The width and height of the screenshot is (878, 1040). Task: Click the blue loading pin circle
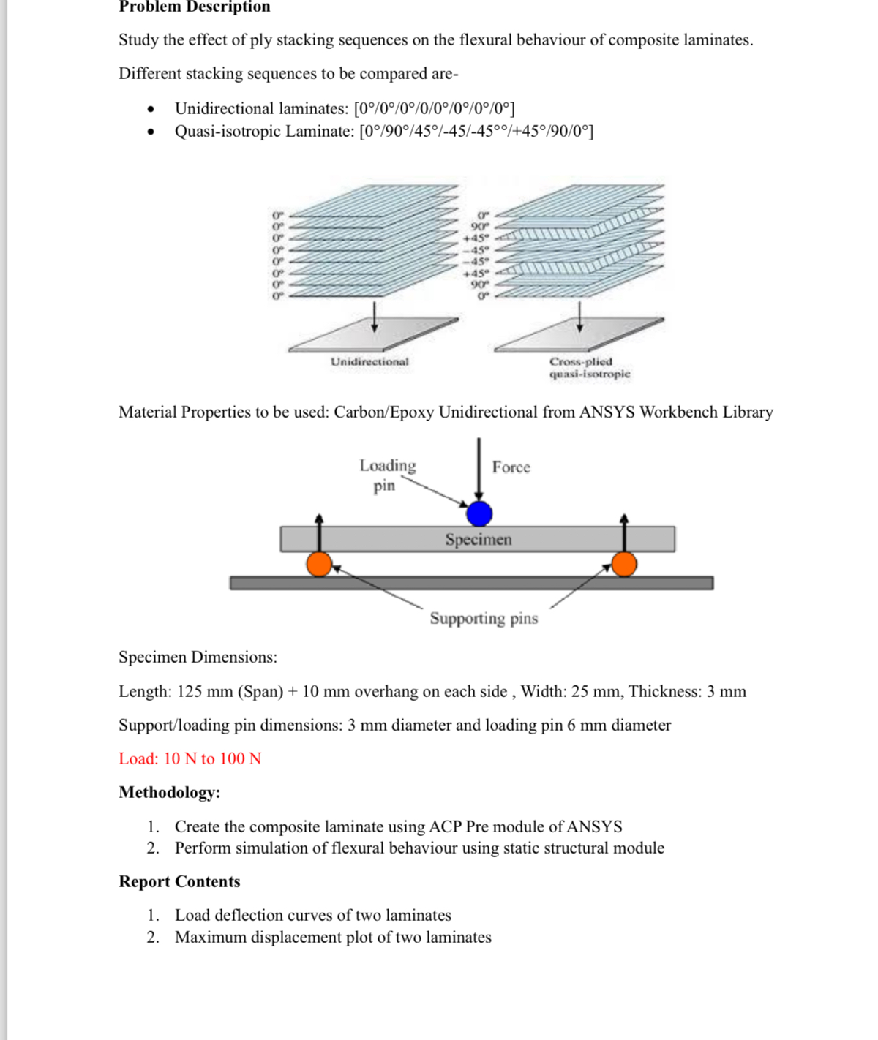coord(479,513)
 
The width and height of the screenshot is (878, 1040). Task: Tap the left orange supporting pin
coord(319,564)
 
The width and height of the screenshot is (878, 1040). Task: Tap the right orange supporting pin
coord(624,564)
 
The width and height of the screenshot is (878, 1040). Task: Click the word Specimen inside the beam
coord(479,540)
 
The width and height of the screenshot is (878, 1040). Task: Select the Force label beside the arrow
coord(511,467)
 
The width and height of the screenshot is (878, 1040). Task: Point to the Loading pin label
coord(387,475)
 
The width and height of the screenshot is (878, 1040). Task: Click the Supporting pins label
coord(484,619)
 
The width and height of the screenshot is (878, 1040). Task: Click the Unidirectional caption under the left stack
coord(369,362)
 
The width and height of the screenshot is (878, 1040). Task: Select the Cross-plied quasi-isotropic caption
coord(589,368)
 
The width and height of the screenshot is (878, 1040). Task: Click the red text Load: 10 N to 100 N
coord(190,758)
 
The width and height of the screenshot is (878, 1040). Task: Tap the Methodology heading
coord(170,792)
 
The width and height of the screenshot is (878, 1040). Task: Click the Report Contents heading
coord(179,881)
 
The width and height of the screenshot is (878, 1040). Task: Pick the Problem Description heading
coord(195,7)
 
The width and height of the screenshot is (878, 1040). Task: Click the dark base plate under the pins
coord(471,583)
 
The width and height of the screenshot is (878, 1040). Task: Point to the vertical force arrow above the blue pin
coord(479,468)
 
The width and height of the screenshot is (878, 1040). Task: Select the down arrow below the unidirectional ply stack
coord(375,315)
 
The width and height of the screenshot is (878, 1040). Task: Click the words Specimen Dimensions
coord(198,657)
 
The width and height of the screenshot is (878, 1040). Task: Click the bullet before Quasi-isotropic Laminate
coord(151,132)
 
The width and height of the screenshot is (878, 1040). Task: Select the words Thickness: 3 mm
coord(687,691)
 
